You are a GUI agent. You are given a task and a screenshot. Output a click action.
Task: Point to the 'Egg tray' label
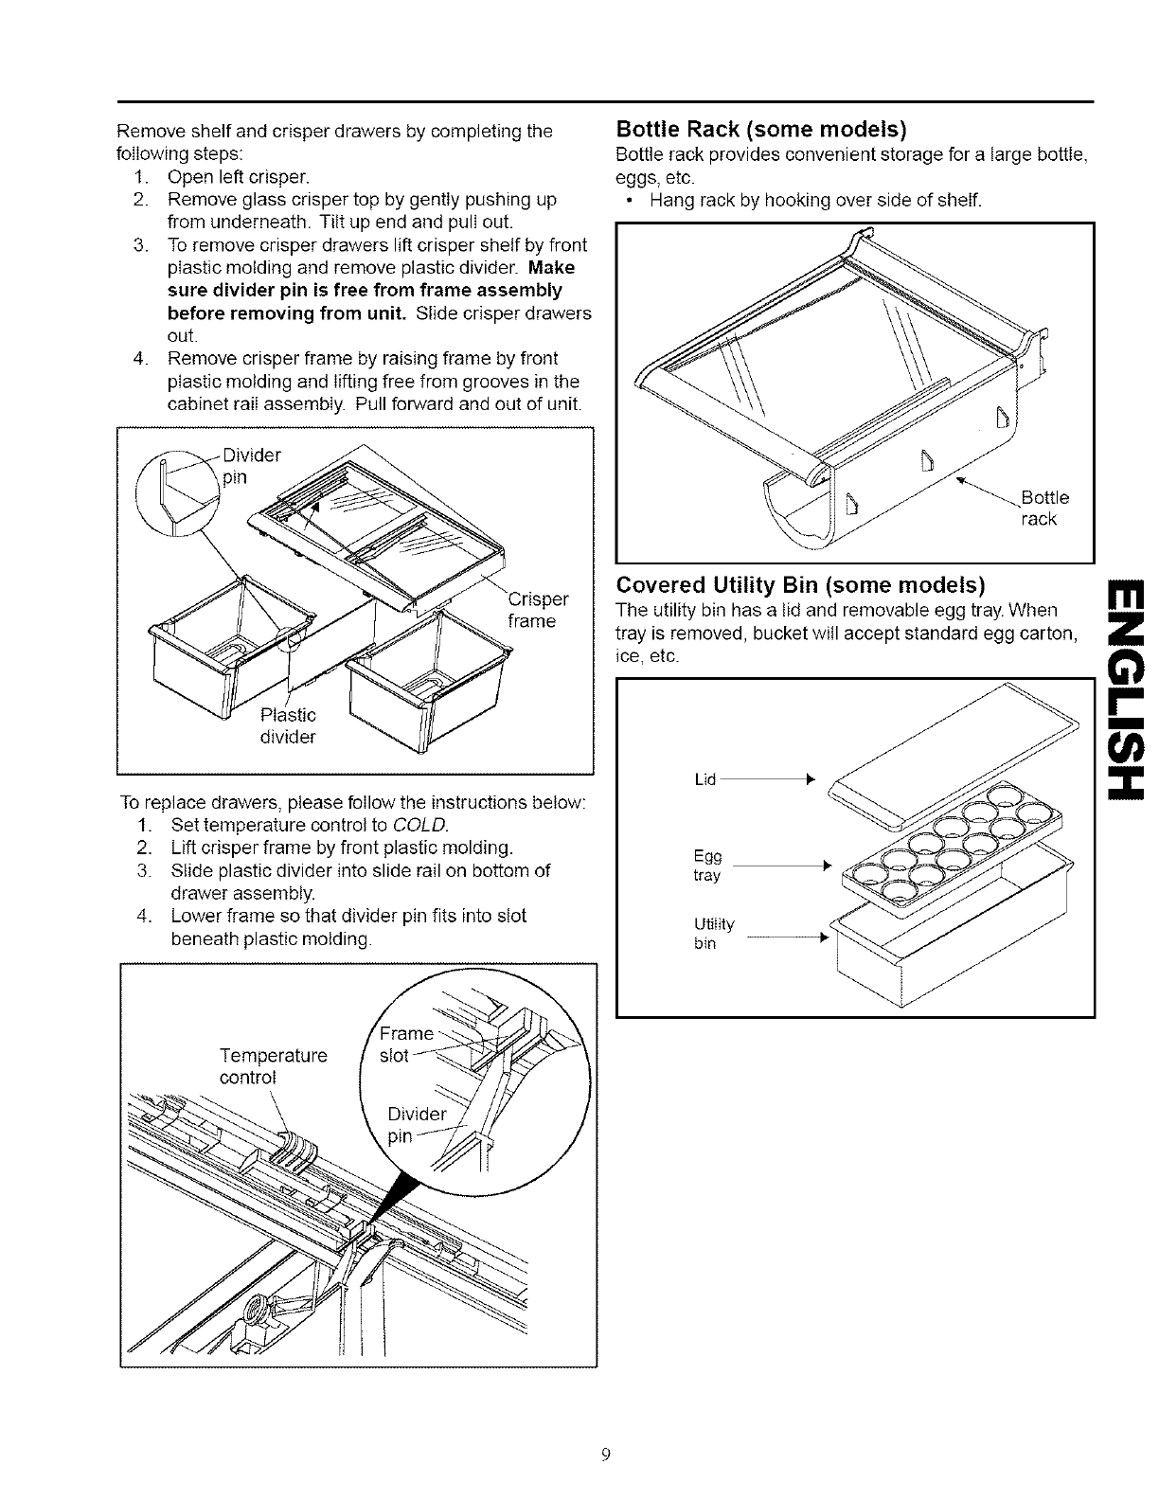[x=707, y=866]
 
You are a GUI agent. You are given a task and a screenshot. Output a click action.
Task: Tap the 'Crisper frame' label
[x=538, y=610]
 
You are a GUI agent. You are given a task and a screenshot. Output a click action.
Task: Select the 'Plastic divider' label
[x=287, y=724]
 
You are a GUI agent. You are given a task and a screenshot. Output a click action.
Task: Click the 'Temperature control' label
[x=273, y=1066]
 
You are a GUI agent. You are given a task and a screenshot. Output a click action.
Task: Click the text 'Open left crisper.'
[x=239, y=176]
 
